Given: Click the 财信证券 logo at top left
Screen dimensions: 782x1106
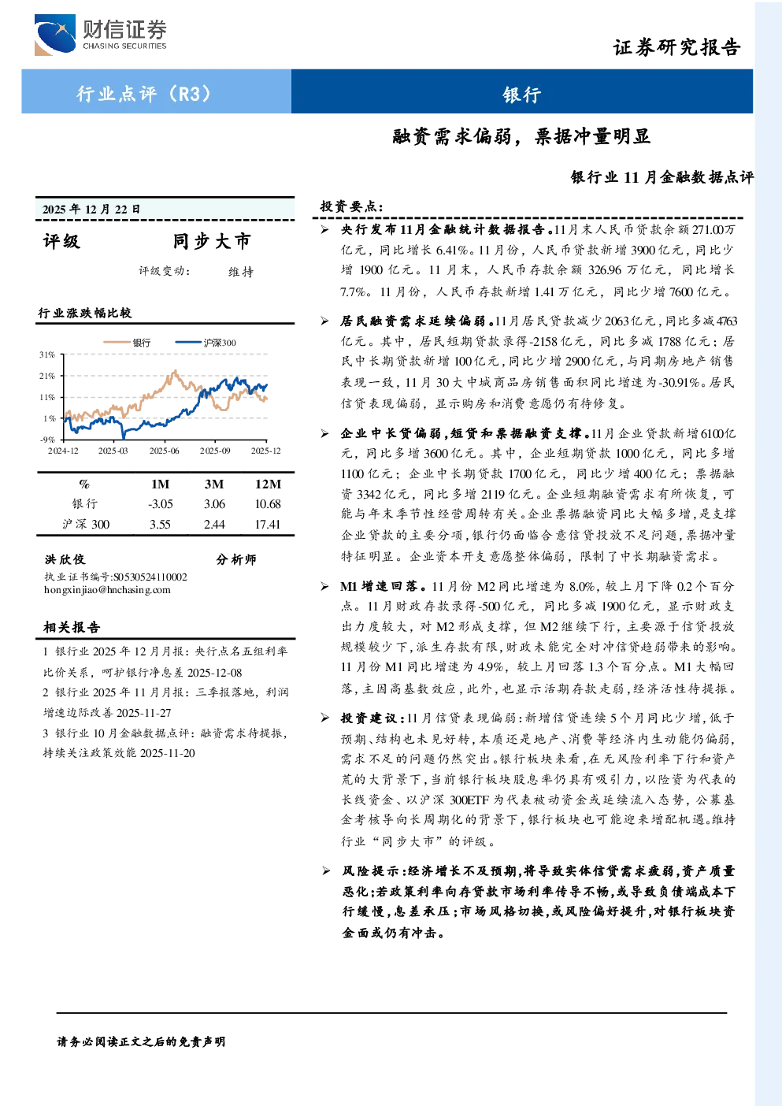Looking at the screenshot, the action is (x=100, y=35).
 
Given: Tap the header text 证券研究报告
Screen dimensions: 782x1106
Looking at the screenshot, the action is (x=676, y=47).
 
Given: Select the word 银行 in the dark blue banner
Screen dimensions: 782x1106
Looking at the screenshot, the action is (x=522, y=95).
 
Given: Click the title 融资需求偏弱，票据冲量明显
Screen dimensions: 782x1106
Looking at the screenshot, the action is (x=521, y=136).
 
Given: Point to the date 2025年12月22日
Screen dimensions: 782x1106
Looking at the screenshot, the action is (x=91, y=210).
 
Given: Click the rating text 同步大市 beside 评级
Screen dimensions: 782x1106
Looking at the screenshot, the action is (x=212, y=241).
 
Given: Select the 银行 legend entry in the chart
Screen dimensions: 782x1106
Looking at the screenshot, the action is (x=127, y=343).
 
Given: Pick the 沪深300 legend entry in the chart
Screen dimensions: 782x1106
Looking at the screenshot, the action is (x=206, y=343).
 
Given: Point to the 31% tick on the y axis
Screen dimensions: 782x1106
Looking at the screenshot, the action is (x=47, y=354).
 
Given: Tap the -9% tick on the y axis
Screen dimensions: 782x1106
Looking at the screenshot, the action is (x=47, y=440).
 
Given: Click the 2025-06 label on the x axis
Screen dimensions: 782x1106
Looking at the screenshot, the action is (x=165, y=451).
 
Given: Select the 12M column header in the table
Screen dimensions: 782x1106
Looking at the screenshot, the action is (x=268, y=484).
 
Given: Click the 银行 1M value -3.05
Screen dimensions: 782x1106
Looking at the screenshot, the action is (x=161, y=504).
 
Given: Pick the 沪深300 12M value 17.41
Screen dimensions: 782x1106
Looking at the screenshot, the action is (x=268, y=525).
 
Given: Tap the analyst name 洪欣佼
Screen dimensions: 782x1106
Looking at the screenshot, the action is (x=65, y=559).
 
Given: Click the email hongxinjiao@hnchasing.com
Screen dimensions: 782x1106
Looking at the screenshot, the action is (x=107, y=590).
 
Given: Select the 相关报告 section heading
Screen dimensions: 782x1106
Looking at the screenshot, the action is (x=72, y=627).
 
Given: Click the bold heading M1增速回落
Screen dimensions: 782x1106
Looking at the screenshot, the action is (x=383, y=586).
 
